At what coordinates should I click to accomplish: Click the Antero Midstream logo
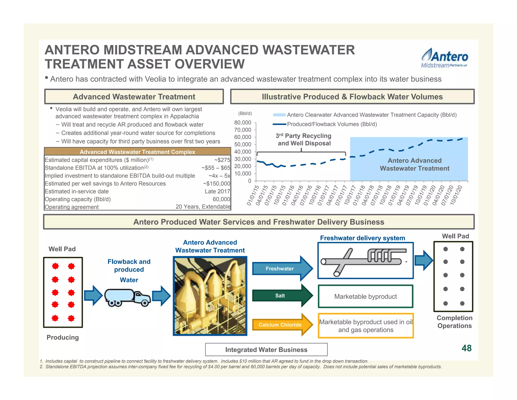point(444,58)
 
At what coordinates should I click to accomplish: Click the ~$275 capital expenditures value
point(222,160)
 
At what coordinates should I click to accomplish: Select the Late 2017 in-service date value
point(217,191)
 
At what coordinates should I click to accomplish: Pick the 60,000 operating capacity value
point(221,199)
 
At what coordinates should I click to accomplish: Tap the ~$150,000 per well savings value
point(217,184)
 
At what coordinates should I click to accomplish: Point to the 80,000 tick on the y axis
point(243,123)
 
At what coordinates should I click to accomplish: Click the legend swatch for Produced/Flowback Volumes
point(279,124)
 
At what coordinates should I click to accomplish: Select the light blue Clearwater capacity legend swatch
point(279,115)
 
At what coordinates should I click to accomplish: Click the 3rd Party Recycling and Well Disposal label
point(304,140)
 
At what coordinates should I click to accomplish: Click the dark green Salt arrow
point(280,296)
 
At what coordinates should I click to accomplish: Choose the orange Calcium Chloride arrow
point(280,325)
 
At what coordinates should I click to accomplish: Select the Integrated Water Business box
point(266,350)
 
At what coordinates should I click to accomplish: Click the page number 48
point(467,348)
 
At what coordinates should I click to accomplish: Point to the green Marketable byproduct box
point(366,297)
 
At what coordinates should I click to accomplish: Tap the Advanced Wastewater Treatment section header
point(134,97)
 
